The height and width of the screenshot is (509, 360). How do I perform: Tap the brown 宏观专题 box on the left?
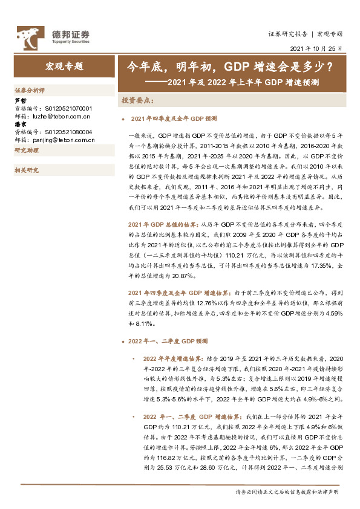click(x=64, y=66)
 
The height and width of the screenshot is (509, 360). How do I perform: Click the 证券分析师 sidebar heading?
click(x=30, y=89)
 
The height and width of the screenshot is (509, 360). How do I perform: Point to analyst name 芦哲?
click(x=20, y=100)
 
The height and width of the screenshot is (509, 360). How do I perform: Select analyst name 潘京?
click(x=20, y=125)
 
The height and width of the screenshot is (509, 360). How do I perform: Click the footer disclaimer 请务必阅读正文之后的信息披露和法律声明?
click(x=288, y=493)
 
